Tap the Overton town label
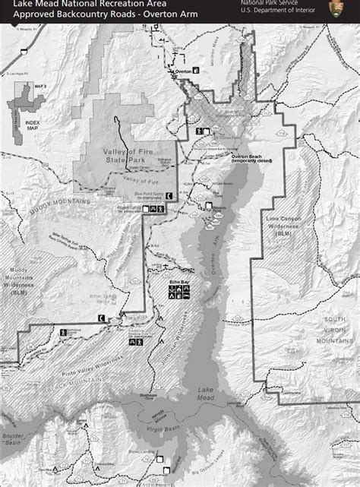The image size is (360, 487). tap(182, 71)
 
